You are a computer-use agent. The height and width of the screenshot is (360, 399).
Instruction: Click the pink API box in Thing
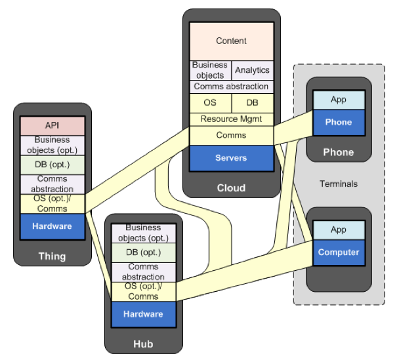[52, 125]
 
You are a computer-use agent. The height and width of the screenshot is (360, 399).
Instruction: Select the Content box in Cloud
[231, 41]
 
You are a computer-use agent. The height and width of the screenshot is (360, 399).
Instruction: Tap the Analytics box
[252, 70]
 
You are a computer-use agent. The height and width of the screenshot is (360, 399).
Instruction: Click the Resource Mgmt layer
[231, 119]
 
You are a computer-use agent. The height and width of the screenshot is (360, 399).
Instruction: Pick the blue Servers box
[231, 158]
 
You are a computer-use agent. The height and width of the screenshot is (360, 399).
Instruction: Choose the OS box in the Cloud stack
[210, 103]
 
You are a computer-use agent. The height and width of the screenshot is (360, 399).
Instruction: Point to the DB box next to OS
[252, 103]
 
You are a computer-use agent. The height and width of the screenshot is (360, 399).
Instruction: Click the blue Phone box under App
[338, 122]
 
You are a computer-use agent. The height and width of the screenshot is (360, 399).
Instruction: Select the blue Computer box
[338, 252]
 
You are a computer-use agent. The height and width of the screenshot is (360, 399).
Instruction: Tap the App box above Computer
[338, 230]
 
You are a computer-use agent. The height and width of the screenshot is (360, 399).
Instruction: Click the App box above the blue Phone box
[338, 100]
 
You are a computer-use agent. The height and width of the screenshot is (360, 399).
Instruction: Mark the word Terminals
[339, 184]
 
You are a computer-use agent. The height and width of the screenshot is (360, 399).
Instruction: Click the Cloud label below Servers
[231, 188]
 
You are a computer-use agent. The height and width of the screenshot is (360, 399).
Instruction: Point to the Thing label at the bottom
[52, 256]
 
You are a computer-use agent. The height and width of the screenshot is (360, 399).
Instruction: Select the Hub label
[143, 343]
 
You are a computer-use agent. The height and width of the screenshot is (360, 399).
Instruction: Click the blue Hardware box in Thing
[52, 226]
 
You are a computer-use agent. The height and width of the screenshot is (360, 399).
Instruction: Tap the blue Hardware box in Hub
[143, 313]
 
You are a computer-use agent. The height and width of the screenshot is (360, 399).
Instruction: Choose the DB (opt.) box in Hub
[143, 252]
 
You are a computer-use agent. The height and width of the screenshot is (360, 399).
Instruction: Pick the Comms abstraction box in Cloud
[231, 87]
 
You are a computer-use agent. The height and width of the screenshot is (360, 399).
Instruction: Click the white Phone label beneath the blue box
[338, 152]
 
